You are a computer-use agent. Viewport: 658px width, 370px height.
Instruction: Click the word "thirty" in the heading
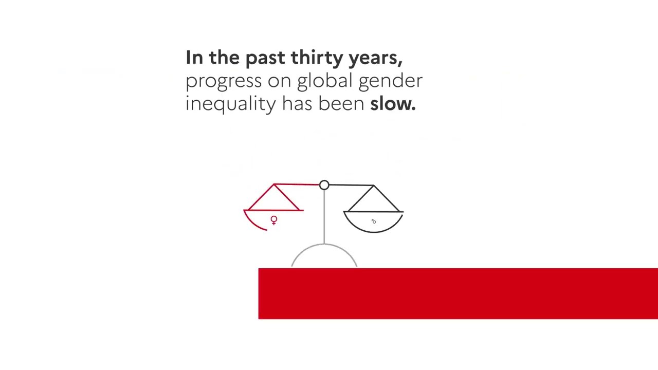coord(317,58)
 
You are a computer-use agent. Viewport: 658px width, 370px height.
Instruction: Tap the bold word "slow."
coord(393,104)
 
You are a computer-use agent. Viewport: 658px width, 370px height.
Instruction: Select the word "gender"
coord(390,81)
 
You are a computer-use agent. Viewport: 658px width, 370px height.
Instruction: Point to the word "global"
coord(324,81)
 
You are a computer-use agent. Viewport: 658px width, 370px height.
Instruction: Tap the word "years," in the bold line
coord(375,58)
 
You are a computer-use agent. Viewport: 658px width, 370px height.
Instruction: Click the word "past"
coord(265,58)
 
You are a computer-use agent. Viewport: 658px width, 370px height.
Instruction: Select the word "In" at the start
coord(194,58)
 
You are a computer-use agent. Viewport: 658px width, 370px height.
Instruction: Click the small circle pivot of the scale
coord(324,185)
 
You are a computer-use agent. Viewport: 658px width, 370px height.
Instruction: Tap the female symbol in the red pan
coord(274,220)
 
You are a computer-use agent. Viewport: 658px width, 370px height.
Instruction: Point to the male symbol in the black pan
coord(374,221)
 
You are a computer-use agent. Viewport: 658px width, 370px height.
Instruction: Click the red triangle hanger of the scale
coord(273,198)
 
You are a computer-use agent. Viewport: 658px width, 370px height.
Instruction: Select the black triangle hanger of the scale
coord(373,199)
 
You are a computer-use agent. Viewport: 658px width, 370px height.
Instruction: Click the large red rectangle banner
coord(458,293)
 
